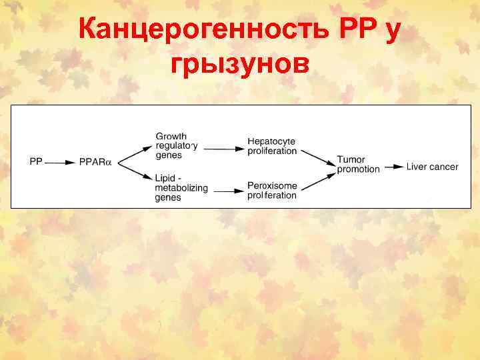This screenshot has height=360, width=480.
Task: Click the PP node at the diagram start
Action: click(x=36, y=162)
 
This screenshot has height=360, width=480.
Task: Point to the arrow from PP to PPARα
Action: click(x=61, y=162)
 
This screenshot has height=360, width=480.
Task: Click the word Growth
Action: click(x=171, y=137)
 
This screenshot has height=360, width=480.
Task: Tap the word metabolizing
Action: click(x=181, y=188)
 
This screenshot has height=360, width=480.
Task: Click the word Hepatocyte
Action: click(x=271, y=141)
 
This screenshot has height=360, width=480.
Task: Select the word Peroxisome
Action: click(x=272, y=185)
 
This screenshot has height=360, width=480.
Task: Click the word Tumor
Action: click(x=351, y=159)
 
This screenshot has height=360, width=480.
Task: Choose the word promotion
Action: click(x=358, y=169)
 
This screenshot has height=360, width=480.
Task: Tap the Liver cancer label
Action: click(x=432, y=166)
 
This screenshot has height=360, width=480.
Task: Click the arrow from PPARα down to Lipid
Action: click(x=133, y=171)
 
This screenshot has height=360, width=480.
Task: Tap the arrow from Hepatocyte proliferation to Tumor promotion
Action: click(x=317, y=157)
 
